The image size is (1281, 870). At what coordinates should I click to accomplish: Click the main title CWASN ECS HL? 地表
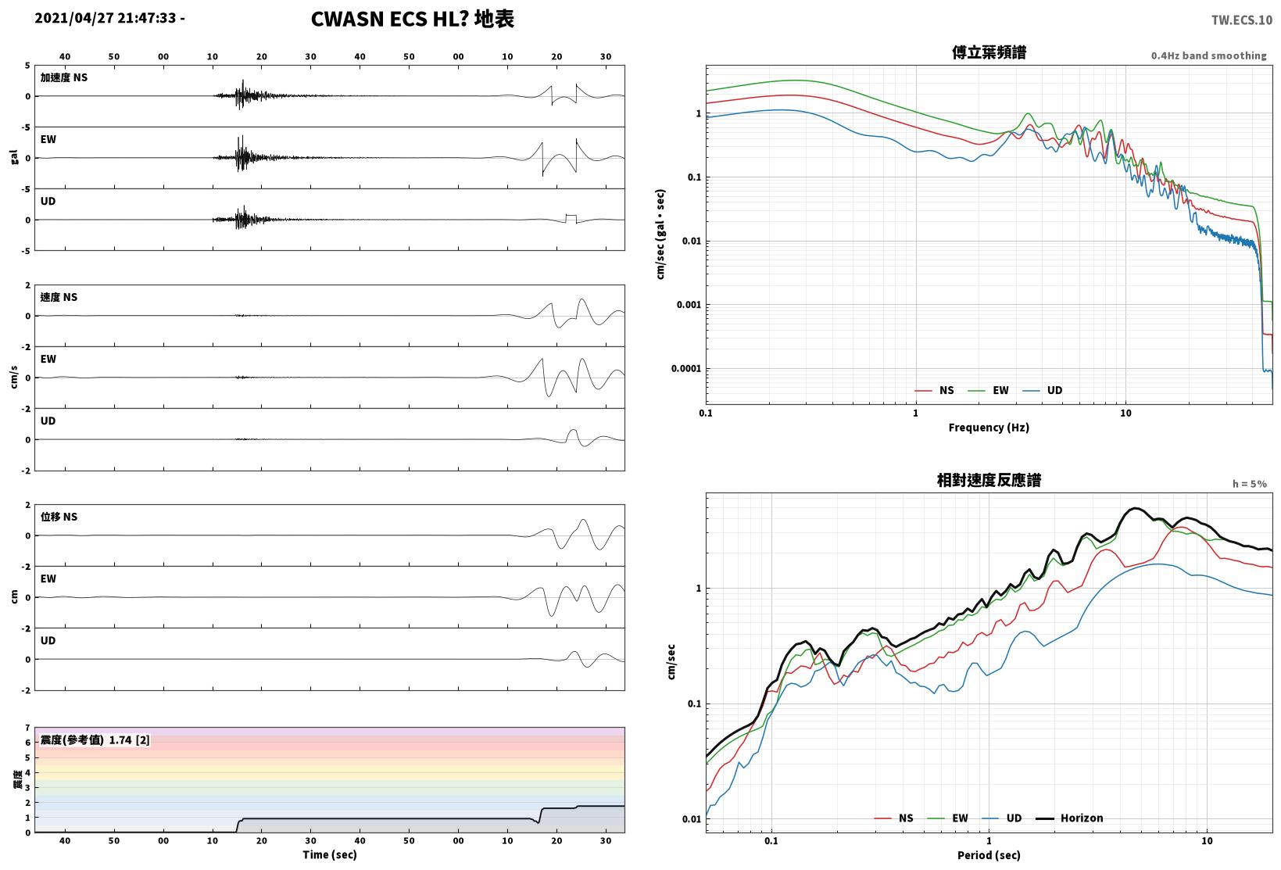pos(413,19)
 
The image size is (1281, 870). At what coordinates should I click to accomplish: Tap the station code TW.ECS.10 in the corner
pos(1242,20)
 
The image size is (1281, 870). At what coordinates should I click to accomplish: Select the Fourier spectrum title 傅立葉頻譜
pos(989,52)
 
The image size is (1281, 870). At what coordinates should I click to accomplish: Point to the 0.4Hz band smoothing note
pos(1209,55)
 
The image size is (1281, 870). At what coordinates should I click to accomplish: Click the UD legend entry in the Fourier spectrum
pos(1043,390)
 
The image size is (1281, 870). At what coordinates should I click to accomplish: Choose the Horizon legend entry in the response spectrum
pos(1070,818)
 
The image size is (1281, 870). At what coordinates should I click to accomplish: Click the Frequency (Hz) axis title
pos(989,428)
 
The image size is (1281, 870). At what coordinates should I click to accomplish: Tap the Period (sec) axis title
pos(989,855)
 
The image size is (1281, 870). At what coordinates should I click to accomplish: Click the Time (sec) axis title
pos(330,854)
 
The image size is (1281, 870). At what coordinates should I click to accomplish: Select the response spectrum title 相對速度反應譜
pos(989,481)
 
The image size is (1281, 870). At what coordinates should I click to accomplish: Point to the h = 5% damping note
pos(1250,484)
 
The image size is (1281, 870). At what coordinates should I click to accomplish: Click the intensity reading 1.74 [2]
pos(129,740)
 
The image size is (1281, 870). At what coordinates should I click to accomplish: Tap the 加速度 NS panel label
pos(63,77)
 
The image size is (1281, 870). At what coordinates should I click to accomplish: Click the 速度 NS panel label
pos(59,297)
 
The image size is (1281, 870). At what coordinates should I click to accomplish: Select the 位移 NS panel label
pos(59,517)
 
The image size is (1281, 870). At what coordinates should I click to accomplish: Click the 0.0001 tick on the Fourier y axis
pos(685,368)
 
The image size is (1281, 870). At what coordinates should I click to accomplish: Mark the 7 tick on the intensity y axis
pos(27,728)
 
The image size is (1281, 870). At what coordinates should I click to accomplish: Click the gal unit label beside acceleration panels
pos(14,157)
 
